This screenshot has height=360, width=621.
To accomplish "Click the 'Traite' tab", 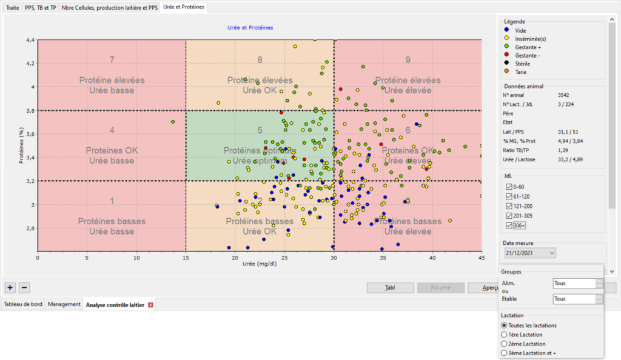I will (12, 8).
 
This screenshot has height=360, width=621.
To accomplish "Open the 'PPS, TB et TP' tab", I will (41, 8).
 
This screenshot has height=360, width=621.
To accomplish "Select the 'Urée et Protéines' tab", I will (184, 8).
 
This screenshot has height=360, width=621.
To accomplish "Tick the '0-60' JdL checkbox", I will (509, 186).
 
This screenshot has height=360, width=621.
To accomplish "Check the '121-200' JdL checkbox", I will (509, 206).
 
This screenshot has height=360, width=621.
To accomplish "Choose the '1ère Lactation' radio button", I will (504, 335).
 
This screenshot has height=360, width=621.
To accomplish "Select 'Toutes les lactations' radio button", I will (504, 325).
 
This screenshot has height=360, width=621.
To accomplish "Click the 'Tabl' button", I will (391, 288).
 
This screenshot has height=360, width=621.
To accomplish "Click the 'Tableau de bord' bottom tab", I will (24, 304).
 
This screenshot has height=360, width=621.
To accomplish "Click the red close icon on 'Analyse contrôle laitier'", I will (150, 305).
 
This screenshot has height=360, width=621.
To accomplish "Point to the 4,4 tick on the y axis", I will (30, 40).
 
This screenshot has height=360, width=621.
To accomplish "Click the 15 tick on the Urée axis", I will (186, 257).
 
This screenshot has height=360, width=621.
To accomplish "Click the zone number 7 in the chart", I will (112, 60).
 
